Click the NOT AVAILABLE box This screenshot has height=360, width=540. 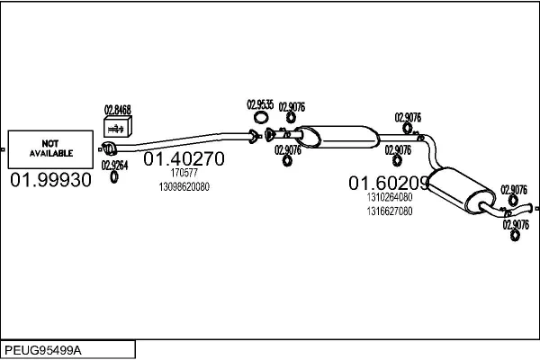click(x=50, y=149)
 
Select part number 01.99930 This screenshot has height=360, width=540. click(x=50, y=180)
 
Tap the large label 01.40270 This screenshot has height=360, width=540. click(x=184, y=158)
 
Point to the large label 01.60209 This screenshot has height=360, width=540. click(x=389, y=183)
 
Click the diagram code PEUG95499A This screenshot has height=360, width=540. click(x=43, y=350)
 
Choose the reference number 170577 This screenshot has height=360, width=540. click(x=184, y=173)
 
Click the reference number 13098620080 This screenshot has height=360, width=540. click(x=184, y=186)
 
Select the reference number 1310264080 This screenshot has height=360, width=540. click(x=390, y=197)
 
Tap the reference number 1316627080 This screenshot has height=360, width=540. click(x=390, y=211)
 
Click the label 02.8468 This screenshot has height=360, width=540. click(x=118, y=110)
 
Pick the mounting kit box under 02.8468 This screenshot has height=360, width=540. click(x=117, y=126)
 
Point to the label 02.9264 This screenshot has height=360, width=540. click(x=114, y=166)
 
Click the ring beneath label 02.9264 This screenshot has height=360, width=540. click(x=114, y=176)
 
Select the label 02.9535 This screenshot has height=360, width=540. click(x=260, y=104)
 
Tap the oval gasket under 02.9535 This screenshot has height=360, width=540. click(x=261, y=118)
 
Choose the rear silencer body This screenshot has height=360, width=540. click(x=462, y=190)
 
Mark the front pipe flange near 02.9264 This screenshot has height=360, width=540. click(x=109, y=148)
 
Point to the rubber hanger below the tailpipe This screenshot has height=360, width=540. click(x=515, y=236)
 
